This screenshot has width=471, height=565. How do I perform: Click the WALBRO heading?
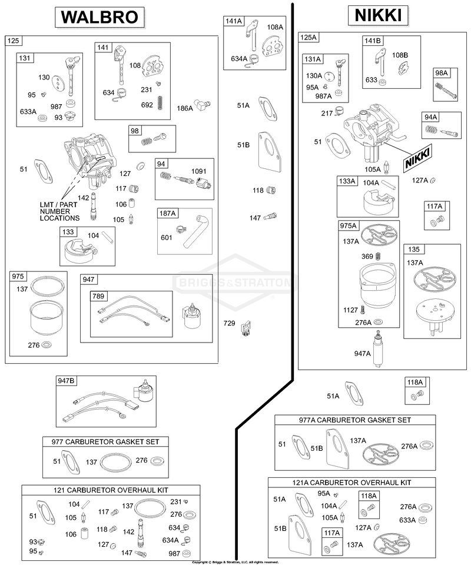click(99, 17)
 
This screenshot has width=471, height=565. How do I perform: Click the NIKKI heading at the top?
click(378, 15)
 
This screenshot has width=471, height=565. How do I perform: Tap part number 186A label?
click(184, 108)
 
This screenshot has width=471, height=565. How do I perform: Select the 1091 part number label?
click(198, 171)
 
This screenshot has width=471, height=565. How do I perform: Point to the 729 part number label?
click(229, 323)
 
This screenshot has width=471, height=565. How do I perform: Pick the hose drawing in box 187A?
click(193, 231)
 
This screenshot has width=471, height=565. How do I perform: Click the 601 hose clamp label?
click(167, 237)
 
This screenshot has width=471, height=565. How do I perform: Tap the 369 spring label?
click(367, 257)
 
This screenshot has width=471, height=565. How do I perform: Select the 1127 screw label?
click(351, 310)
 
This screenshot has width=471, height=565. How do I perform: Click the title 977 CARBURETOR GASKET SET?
click(105, 442)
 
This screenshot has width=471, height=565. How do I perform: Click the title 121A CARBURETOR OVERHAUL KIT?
click(351, 483)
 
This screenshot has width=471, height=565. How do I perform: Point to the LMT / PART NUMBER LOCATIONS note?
click(59, 211)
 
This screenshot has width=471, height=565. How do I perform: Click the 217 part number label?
click(327, 114)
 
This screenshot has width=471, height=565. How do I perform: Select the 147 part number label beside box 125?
click(255, 218)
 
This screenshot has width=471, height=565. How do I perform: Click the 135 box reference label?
click(414, 249)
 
